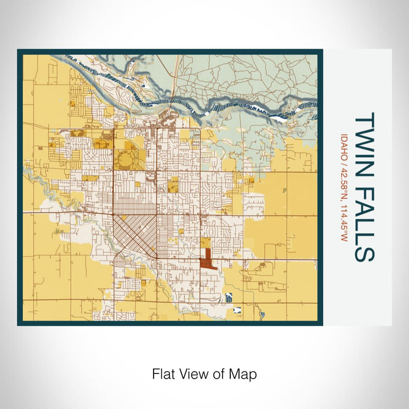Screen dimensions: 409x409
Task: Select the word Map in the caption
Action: click(x=244, y=373)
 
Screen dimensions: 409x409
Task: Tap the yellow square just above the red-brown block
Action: click(x=206, y=242)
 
